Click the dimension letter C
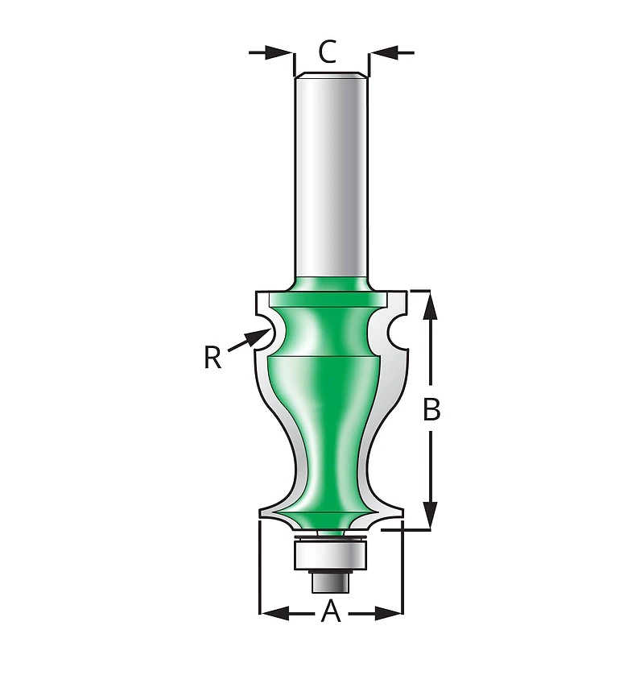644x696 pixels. click(328, 52)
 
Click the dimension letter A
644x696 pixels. click(331, 611)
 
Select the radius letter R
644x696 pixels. click(213, 358)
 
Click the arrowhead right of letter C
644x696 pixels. click(384, 52)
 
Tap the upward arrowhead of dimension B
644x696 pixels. click(430, 306)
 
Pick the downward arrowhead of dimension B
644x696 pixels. click(430, 515)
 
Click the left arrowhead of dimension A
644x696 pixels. click(275, 614)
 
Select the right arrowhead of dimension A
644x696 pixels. click(388, 614)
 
